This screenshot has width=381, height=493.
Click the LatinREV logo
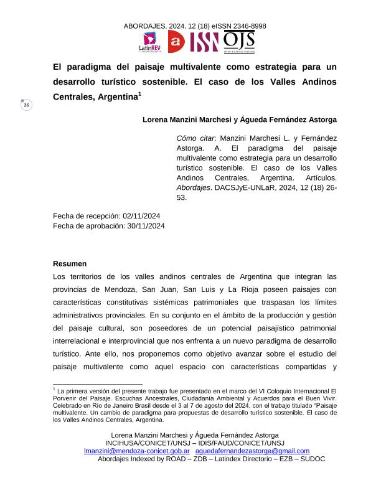[150, 42]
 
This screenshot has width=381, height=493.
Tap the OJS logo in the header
[238, 41]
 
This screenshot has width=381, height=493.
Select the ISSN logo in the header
[204, 42]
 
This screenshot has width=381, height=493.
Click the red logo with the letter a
[177, 42]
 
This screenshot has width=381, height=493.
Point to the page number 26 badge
[26, 106]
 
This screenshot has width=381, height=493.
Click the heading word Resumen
[70, 264]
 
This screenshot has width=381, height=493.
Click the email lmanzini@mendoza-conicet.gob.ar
[137, 451]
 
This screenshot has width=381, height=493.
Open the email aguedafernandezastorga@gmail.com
[252, 451]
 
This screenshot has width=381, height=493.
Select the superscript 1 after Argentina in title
[140, 94]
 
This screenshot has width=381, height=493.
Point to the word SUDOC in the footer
[311, 459]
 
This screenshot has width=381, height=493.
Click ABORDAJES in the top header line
[144, 26]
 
